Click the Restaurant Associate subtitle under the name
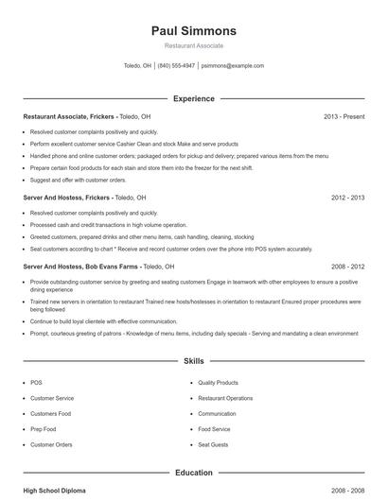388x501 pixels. coord(193,45)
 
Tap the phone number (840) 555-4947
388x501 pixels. coord(177,66)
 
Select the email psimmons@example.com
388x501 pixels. coord(233,66)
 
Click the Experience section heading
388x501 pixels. coord(193,98)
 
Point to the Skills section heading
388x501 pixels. coord(193,361)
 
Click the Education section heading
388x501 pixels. coord(193,473)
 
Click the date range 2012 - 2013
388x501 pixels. coord(347,198)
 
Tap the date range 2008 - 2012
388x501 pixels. coord(347,267)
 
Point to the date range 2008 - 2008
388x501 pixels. coord(347,492)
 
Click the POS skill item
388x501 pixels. coord(36,383)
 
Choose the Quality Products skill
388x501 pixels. coord(219,383)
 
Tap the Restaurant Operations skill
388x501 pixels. coord(225,398)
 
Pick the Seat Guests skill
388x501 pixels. coord(214,444)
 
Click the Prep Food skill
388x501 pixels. coord(44,429)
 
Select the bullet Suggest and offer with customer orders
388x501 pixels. coord(78,180)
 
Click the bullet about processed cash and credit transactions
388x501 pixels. coord(108,225)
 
